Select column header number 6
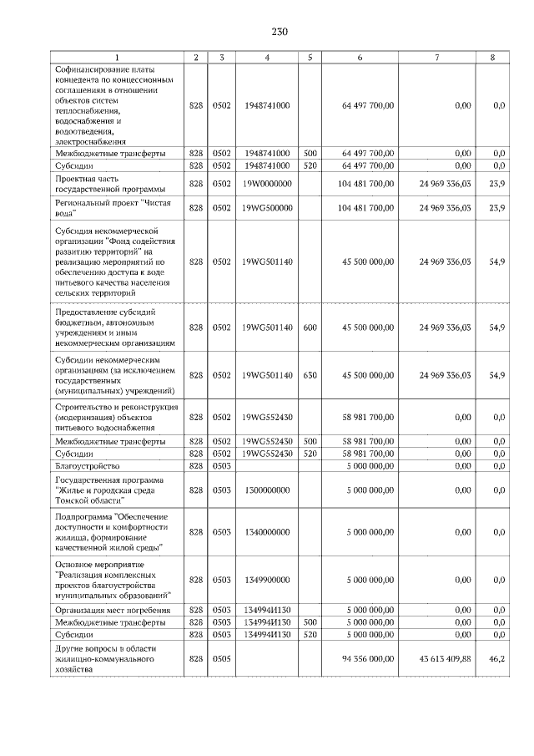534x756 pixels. [359, 57]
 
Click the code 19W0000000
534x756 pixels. [267, 183]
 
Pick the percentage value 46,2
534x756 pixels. [497, 658]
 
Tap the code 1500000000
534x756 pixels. [267, 490]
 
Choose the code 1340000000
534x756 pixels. [267, 530]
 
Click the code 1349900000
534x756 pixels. [267, 579]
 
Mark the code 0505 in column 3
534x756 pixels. [221, 658]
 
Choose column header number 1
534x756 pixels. [117, 57]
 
